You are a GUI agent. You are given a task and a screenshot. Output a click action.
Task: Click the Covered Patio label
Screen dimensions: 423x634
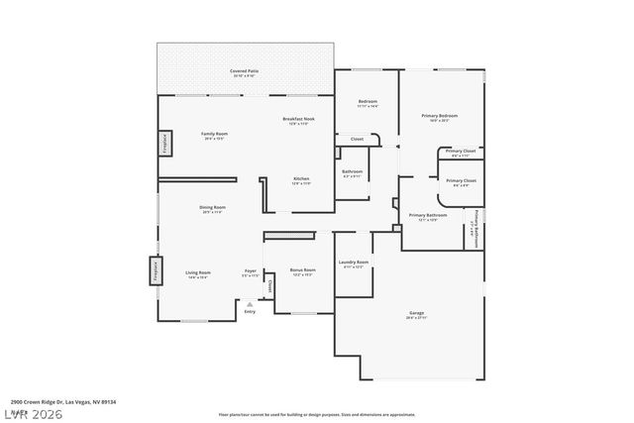(x=245, y=71)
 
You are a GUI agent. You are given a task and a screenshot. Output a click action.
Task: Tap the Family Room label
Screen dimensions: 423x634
(x=215, y=135)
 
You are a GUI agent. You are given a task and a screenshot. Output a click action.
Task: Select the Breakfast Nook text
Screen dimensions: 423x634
(x=298, y=119)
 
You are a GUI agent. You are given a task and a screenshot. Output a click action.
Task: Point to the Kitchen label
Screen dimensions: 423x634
(x=300, y=179)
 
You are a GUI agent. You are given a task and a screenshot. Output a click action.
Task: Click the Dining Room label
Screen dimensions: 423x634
(x=213, y=208)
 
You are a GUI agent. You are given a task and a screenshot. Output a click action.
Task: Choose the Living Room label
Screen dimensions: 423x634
(x=197, y=272)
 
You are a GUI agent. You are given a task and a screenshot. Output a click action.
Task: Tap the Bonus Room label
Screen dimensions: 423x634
(x=302, y=269)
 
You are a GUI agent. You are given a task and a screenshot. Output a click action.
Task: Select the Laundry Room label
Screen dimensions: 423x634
(x=354, y=263)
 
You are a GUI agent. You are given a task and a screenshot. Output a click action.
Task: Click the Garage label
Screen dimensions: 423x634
(x=416, y=313)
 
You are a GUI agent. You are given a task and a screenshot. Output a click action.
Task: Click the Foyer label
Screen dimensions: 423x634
(x=252, y=272)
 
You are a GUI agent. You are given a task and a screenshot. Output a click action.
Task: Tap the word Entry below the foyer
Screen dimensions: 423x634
(x=250, y=312)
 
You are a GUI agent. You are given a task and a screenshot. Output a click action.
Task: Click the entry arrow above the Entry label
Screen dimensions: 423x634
(x=250, y=304)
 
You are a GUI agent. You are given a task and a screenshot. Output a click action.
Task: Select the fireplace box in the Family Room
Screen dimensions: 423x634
(x=164, y=145)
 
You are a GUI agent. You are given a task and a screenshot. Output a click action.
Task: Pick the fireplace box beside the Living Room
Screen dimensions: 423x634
(x=156, y=270)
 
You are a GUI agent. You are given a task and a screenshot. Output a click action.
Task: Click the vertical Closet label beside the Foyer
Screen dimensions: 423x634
(x=269, y=286)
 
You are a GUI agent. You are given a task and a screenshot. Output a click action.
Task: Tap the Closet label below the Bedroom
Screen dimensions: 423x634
(x=357, y=139)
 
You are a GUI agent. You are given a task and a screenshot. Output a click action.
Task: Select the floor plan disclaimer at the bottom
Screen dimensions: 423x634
(x=316, y=414)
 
